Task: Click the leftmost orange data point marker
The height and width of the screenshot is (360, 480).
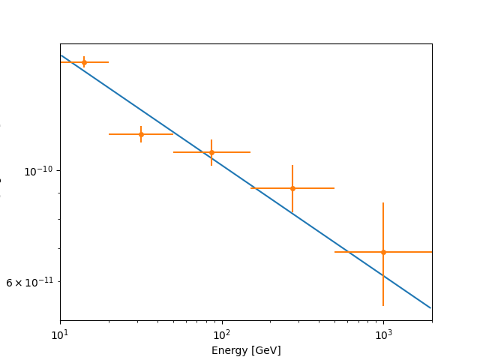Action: [84, 62]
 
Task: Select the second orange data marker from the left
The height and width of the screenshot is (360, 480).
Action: [141, 134]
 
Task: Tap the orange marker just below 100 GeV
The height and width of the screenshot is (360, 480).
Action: [211, 152]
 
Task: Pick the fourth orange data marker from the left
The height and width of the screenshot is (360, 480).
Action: [292, 188]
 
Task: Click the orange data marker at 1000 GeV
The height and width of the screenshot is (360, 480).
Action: [383, 252]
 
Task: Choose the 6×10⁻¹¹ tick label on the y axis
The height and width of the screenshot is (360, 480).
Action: [30, 282]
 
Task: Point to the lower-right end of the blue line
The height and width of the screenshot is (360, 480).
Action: [431, 307]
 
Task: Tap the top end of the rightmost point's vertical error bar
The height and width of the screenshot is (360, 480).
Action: [383, 202]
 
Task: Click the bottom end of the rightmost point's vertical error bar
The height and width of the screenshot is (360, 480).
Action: [383, 305]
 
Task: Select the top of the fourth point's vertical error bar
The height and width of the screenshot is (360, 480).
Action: [292, 165]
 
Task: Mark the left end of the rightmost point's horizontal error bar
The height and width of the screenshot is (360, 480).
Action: [334, 252]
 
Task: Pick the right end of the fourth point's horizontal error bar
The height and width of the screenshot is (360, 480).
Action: [334, 188]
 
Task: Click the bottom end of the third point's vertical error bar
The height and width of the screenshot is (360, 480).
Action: [211, 165]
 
